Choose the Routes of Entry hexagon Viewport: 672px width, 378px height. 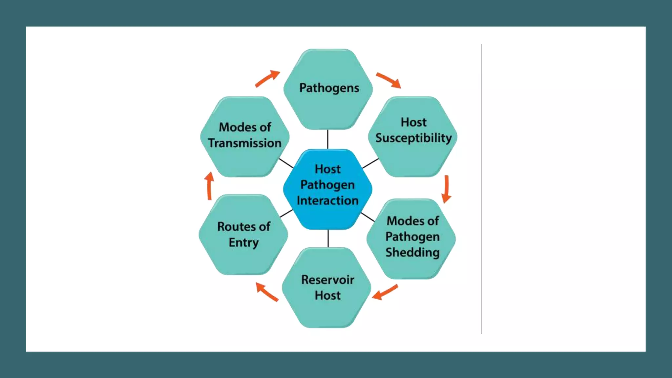(x=243, y=235)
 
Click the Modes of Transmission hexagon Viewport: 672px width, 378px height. (x=245, y=136)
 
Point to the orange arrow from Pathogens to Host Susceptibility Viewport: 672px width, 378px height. (x=388, y=80)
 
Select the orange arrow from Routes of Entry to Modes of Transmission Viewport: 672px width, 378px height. (x=209, y=186)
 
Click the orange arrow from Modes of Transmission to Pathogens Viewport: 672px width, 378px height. (x=267, y=78)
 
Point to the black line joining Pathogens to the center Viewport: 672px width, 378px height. (x=327, y=139)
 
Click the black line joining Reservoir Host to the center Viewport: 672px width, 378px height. (x=328, y=239)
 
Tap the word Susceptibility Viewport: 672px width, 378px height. (x=413, y=138)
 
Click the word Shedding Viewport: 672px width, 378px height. (x=412, y=252)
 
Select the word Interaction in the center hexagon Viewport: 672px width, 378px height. (x=327, y=200)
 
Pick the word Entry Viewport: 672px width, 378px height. (x=243, y=242)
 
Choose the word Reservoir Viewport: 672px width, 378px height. (x=327, y=280)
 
